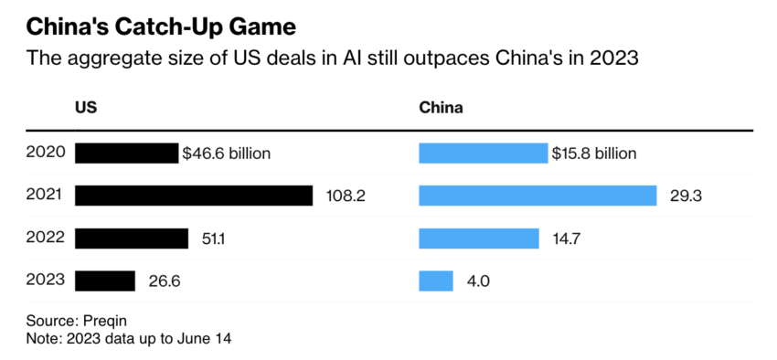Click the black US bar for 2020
[126, 153]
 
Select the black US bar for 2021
[194, 196]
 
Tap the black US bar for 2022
[131, 238]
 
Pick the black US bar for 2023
[104, 281]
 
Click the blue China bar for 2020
[483, 153]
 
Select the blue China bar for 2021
[538, 196]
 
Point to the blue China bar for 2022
[478, 238]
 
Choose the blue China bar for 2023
[435, 281]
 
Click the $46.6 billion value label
[227, 153]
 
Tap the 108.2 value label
[346, 196]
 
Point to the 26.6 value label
[165, 281]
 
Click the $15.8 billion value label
[593, 153]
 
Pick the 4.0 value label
[478, 281]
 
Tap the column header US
[86, 108]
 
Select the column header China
[441, 108]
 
